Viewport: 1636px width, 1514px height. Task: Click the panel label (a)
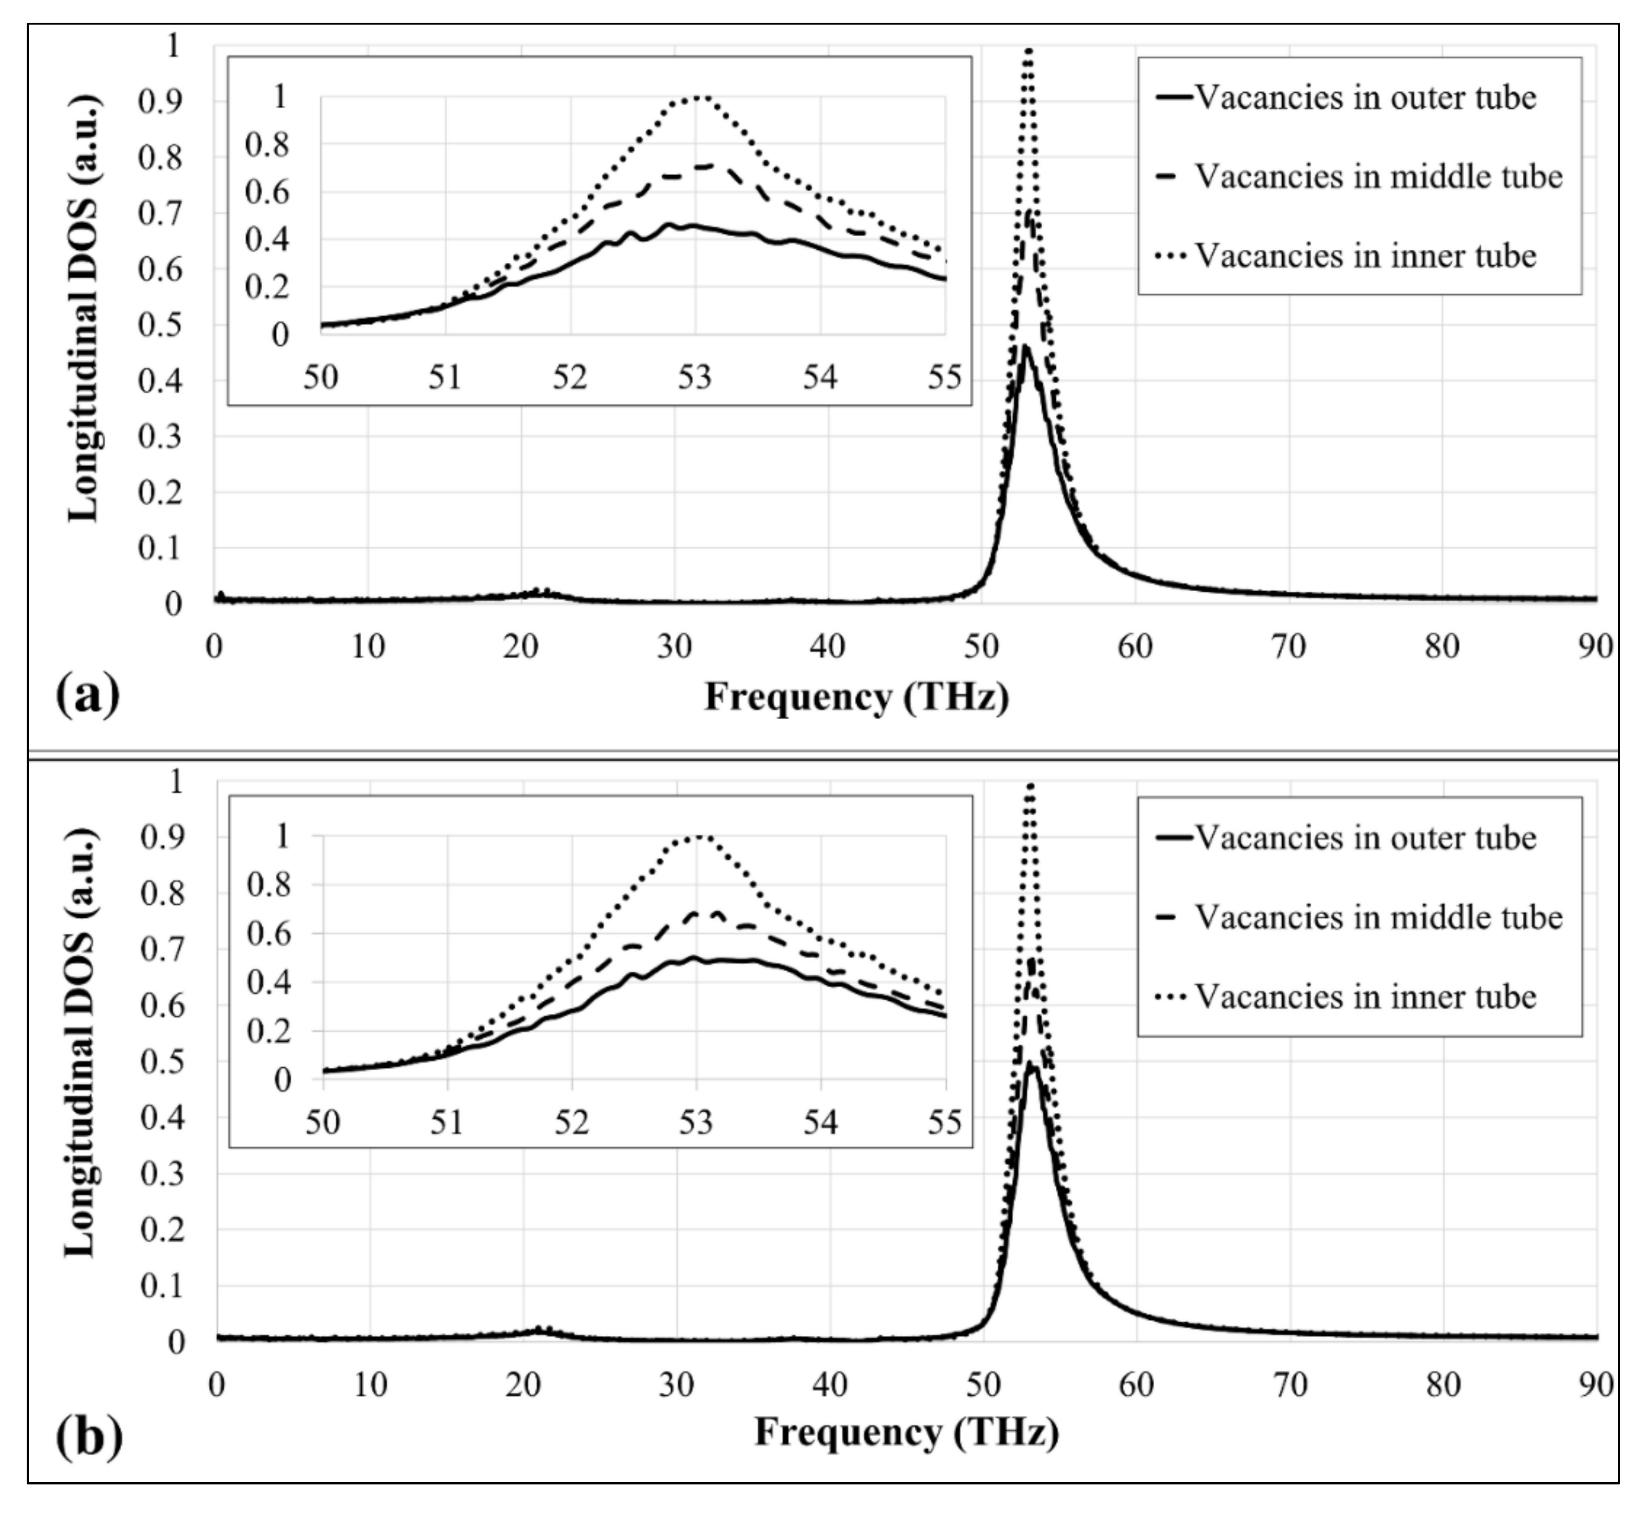tap(87, 696)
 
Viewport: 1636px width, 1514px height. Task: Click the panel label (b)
tap(89, 1436)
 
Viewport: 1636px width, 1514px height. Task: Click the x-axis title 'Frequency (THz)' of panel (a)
tap(856, 697)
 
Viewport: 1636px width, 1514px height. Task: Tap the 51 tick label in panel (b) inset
tap(447, 1121)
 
